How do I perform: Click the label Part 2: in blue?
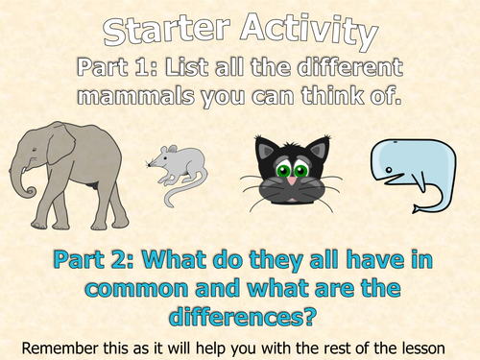[86, 260]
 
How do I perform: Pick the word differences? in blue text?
[240, 313]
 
